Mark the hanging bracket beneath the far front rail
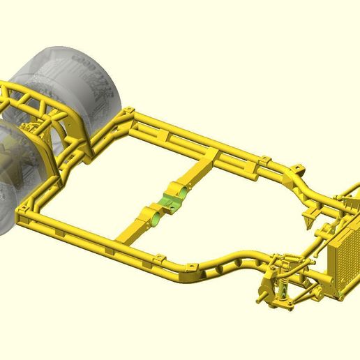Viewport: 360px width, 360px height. point(307,218)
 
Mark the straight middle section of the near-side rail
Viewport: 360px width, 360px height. point(105,241)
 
